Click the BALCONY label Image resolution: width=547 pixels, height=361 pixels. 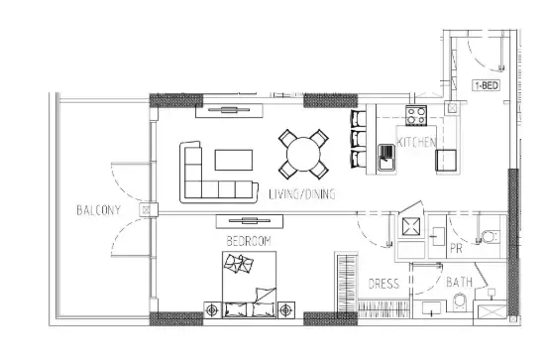click(x=98, y=210)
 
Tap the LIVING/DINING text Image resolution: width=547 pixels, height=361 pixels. click(x=302, y=194)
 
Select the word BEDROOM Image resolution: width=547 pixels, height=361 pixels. click(x=249, y=241)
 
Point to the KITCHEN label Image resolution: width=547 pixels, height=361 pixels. click(x=416, y=142)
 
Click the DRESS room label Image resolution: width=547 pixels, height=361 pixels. click(x=383, y=284)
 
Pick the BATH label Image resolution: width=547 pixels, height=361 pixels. click(x=459, y=282)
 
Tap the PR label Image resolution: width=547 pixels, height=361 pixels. click(x=456, y=248)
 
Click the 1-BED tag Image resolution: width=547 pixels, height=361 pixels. click(x=487, y=85)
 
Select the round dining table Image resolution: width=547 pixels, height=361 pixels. click(x=303, y=154)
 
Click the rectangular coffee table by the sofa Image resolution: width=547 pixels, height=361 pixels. click(x=234, y=160)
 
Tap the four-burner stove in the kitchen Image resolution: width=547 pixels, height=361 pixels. click(x=416, y=116)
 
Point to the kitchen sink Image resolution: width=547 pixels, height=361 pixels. click(x=386, y=158)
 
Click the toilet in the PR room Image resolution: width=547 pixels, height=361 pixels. click(x=492, y=237)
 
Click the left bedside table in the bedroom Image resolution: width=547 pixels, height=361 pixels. click(x=212, y=309)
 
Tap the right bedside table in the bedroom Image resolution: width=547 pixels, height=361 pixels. click(x=286, y=309)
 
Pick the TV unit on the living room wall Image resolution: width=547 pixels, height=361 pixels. click(x=229, y=111)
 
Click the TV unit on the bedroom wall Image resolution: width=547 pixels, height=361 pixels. click(x=250, y=221)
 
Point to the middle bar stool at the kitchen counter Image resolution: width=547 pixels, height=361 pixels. click(x=359, y=139)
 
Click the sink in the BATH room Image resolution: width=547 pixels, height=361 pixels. click(x=431, y=307)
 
